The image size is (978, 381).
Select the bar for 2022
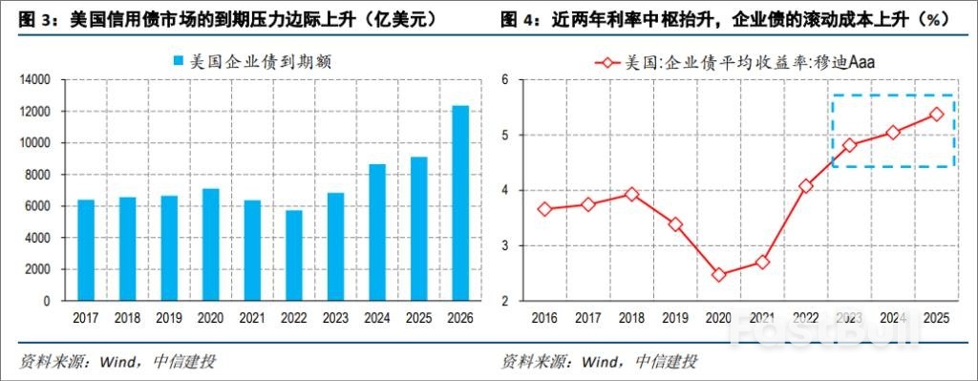click(x=293, y=255)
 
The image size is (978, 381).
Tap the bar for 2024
click(x=376, y=232)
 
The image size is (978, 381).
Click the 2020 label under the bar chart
click(x=210, y=317)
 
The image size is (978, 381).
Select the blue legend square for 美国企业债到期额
click(x=178, y=62)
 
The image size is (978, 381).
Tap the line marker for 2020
click(x=719, y=275)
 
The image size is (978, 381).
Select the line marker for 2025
click(x=936, y=114)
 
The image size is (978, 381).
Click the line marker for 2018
click(x=632, y=194)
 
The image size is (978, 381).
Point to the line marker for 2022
click(x=806, y=185)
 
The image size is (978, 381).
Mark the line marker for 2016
click(x=545, y=209)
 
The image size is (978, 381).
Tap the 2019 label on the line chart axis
click(x=675, y=317)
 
